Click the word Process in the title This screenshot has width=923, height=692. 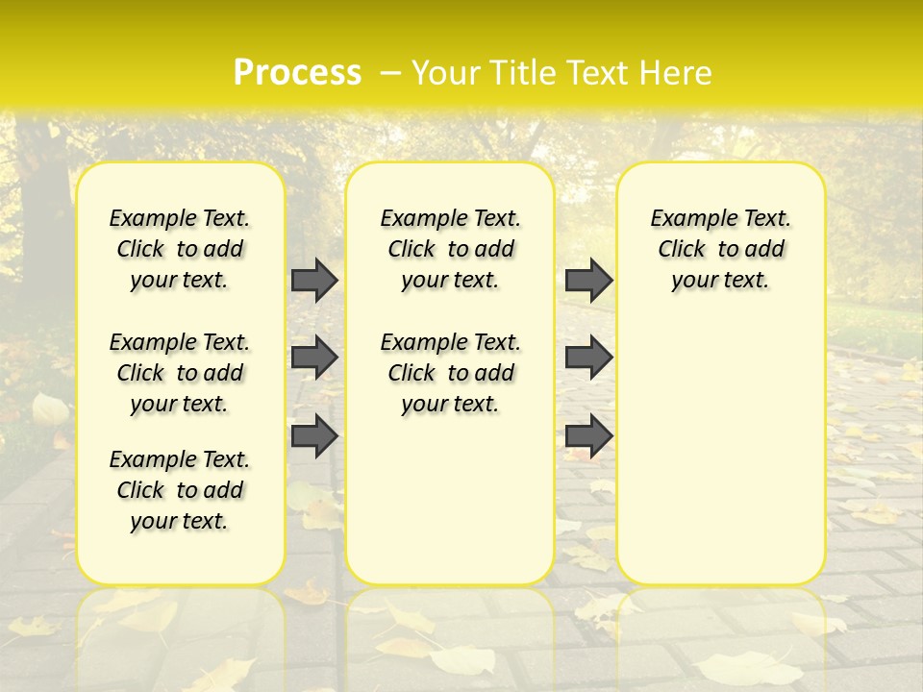(297, 73)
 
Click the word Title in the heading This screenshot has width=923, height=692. (514, 73)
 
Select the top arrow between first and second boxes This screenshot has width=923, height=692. (314, 280)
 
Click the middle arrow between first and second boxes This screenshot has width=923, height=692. (314, 358)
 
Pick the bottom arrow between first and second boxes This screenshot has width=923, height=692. (314, 435)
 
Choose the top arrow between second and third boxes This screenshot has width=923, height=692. (588, 280)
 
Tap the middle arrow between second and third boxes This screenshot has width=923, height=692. (588, 358)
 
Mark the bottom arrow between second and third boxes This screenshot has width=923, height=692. (588, 435)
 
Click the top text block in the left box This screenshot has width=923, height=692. (180, 249)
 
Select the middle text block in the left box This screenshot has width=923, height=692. (180, 373)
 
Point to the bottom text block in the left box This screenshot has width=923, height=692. (180, 490)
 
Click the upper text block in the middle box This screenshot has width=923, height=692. (450, 249)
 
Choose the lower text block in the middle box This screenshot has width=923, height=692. (450, 373)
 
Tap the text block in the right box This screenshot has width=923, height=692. (720, 249)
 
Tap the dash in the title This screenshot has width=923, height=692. (390, 73)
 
